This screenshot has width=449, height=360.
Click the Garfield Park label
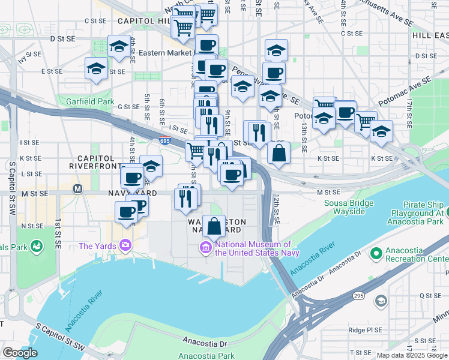pos(90,101)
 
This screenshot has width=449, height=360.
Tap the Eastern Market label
pos(165,53)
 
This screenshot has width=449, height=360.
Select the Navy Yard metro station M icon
pos(77,188)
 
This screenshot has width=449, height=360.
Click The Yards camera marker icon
pos(125,245)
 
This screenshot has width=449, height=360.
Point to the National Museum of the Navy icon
pos(206,247)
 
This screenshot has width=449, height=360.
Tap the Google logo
pos(20,353)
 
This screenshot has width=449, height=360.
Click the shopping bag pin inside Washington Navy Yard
pos(214,227)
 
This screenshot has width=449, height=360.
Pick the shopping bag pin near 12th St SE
pos(279,153)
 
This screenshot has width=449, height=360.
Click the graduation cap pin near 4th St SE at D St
pos(119,46)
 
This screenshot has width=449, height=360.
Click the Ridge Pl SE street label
pos(364,330)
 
